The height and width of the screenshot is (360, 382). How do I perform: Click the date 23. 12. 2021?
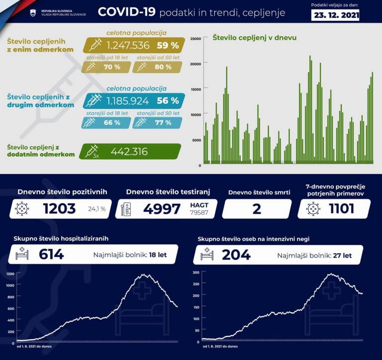click(x=336, y=15)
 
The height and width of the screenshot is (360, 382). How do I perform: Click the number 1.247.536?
click(x=128, y=45)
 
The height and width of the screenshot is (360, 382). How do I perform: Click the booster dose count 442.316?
click(x=129, y=152)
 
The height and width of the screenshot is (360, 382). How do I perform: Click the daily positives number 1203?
click(x=59, y=209)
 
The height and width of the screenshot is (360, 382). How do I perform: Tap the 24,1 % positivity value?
click(x=96, y=209)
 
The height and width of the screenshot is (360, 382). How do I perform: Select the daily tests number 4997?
click(x=162, y=209)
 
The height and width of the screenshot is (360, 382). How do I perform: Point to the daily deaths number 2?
click(x=257, y=209)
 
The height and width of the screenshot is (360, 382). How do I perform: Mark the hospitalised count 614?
click(x=51, y=255)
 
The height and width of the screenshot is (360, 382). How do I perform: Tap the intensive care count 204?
click(x=236, y=255)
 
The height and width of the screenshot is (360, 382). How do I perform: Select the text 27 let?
click(x=342, y=256)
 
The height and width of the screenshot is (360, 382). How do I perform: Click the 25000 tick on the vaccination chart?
click(x=196, y=38)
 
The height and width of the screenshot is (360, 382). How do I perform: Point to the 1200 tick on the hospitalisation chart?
click(x=10, y=274)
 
